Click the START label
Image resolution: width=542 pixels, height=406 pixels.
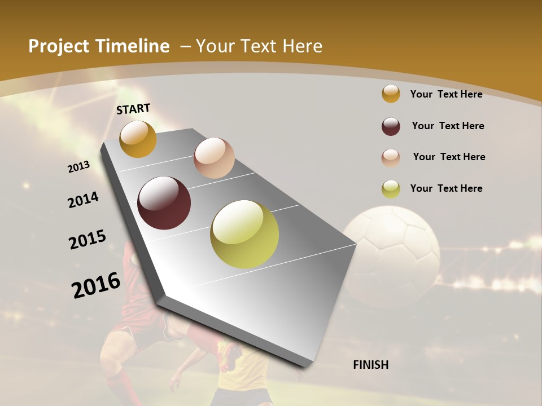coord(133,109)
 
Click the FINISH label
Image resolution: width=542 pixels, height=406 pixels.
coord(371,365)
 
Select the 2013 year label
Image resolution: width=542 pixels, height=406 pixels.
coord(78,166)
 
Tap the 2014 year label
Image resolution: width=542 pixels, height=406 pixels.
coord(84,200)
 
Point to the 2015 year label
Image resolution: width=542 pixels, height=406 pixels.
coord(88,240)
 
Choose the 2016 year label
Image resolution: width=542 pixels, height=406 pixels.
coord(96,285)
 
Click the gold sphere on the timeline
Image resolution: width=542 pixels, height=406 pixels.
coord(138,139)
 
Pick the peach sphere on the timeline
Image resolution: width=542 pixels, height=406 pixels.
coord(214,158)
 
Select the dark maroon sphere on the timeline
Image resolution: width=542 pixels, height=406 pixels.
coord(164,203)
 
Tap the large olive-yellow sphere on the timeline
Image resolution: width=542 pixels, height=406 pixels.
coord(244,234)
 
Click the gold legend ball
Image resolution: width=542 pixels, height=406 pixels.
coord(391,94)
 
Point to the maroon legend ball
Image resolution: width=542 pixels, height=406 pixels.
coord(391,126)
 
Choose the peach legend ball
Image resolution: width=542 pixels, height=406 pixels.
coord(391,157)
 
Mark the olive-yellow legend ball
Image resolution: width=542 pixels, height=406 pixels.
coord(391,189)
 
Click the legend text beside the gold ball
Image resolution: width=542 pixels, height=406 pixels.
coord(446,94)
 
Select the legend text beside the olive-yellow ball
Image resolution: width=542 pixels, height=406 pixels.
coord(446,188)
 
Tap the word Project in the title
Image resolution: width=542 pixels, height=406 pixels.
coord(58,46)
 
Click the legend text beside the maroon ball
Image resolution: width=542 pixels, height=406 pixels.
coord(448,126)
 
